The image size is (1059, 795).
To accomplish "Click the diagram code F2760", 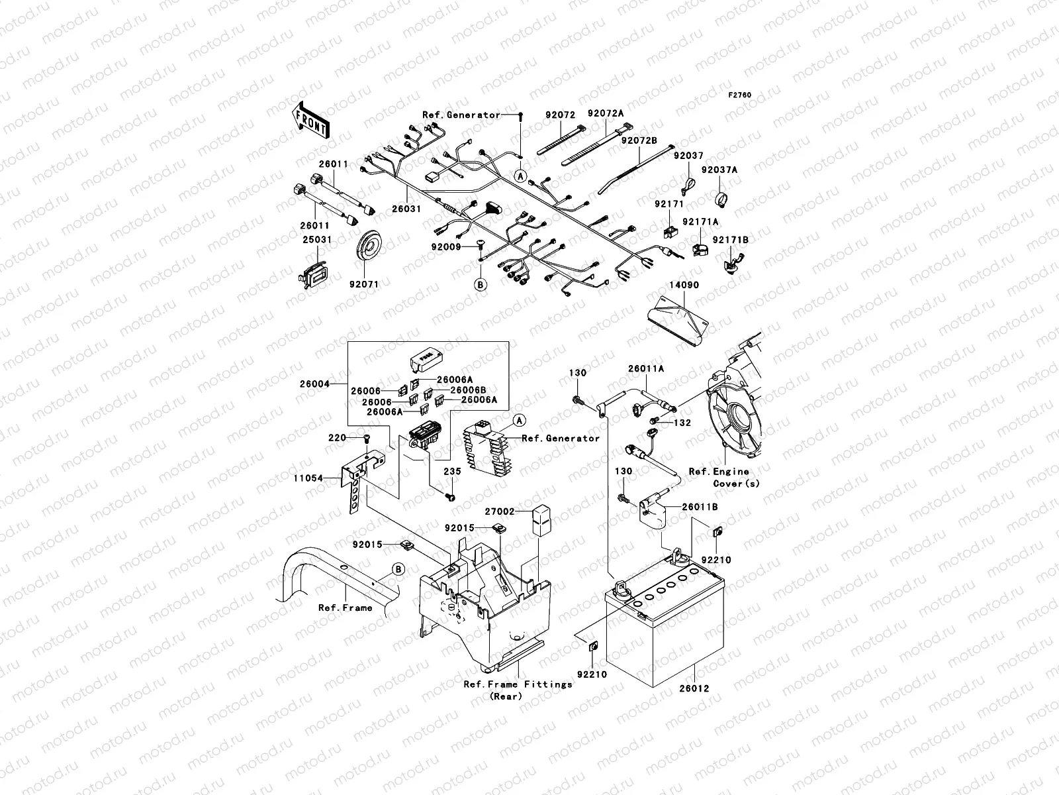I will [740, 95].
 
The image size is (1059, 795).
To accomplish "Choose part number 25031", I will [317, 239].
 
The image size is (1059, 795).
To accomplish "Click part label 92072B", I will [639, 140].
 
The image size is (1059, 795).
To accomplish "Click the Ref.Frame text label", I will [345, 608].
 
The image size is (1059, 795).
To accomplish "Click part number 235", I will [451, 471].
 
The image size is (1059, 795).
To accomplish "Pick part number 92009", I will [447, 246].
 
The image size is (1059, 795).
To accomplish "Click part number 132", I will [682, 423].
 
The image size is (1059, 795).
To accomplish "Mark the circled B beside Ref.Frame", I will [398, 568].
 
